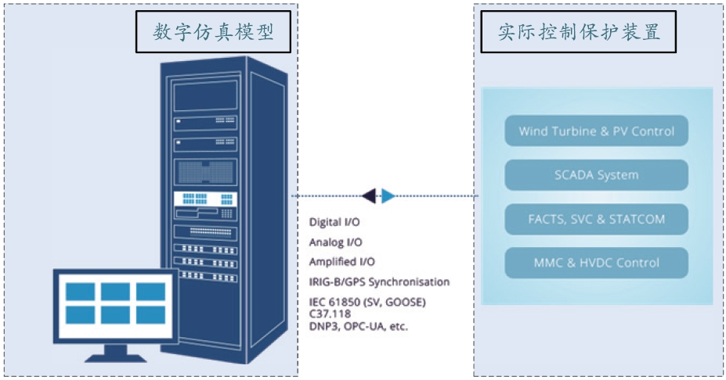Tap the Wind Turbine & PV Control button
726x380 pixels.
(596, 131)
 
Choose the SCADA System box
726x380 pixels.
(596, 175)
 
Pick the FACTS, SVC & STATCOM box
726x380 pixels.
(596, 219)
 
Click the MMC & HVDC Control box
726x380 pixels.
(596, 263)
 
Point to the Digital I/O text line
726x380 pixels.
(334, 223)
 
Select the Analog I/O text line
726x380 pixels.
(335, 242)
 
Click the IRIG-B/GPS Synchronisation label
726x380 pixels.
(379, 281)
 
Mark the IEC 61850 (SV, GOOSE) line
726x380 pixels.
(367, 302)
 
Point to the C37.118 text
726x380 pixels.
(330, 314)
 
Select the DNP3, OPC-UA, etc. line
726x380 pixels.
(358, 326)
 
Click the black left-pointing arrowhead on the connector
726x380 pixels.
(370, 195)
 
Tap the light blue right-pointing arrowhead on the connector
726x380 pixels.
(388, 195)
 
